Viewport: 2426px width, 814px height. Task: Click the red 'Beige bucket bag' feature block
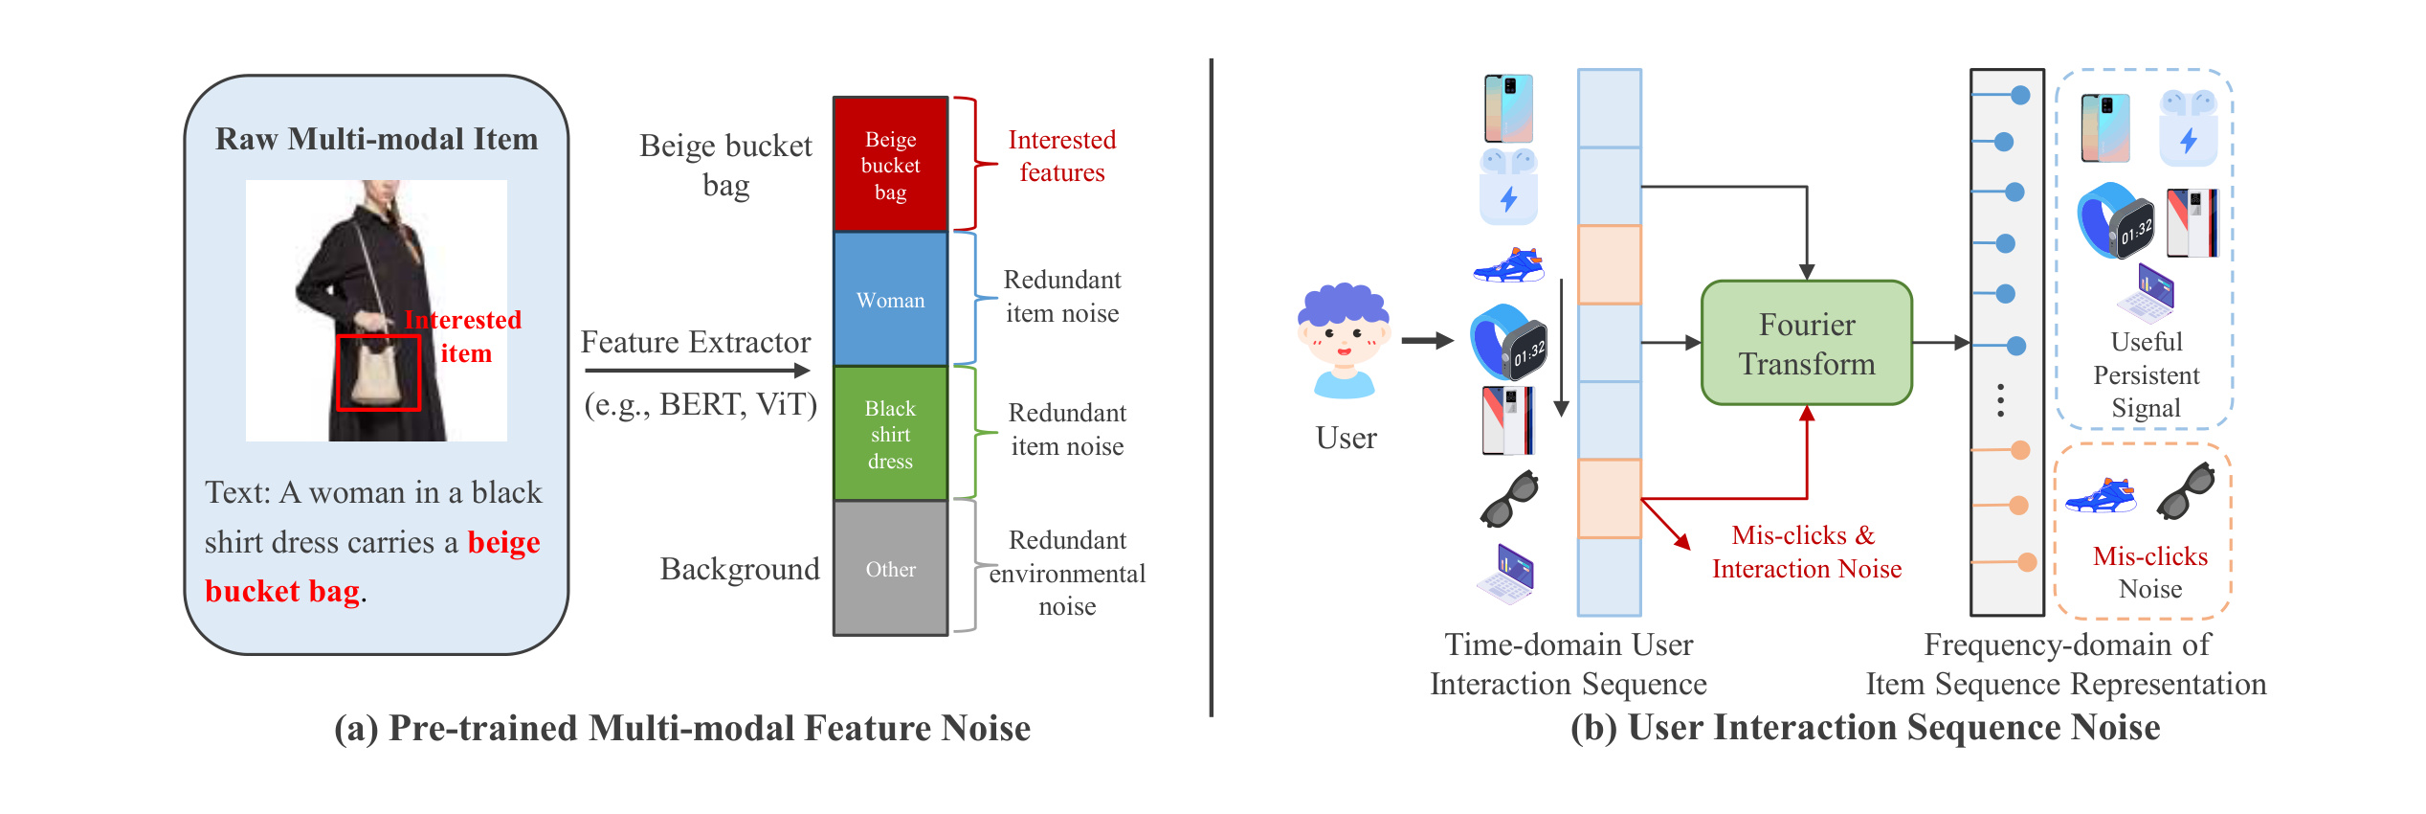point(890,165)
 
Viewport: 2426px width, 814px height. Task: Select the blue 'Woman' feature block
point(890,300)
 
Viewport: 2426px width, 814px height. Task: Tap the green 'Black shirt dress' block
point(890,434)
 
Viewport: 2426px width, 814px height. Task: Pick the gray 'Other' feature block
point(890,568)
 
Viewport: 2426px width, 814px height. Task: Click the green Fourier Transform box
point(1806,343)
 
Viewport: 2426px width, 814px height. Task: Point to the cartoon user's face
point(1344,340)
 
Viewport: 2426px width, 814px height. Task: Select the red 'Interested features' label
point(1061,156)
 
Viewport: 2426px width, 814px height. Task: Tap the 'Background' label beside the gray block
point(740,569)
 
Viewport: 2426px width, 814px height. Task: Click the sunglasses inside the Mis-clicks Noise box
point(2187,490)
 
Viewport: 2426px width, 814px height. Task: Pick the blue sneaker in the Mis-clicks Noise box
point(2102,495)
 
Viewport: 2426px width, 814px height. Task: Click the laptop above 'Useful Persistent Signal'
point(2146,292)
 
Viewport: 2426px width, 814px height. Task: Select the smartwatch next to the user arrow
point(1508,342)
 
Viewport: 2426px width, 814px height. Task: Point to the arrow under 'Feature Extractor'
point(698,371)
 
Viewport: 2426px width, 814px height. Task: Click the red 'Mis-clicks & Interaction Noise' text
point(1806,552)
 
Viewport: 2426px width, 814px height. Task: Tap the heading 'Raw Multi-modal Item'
point(376,140)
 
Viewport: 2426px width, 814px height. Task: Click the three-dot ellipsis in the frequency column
point(2000,400)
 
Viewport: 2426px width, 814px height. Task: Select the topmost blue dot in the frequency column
point(2020,95)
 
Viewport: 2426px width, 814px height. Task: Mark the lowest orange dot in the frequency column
point(2027,562)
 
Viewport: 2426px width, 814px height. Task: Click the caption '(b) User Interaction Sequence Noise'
point(1864,728)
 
